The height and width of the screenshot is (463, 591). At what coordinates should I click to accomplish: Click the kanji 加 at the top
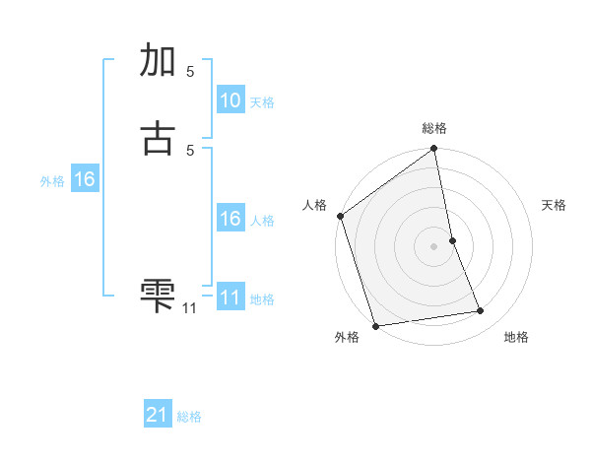pyautogui.click(x=158, y=61)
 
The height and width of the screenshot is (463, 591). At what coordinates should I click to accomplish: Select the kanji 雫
pyautogui.click(x=158, y=294)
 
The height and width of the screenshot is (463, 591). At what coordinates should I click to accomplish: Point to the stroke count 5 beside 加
pyautogui.click(x=190, y=71)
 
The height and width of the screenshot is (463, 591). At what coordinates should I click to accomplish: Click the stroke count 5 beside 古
pyautogui.click(x=190, y=150)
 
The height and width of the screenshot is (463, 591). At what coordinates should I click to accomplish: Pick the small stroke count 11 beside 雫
pyautogui.click(x=189, y=308)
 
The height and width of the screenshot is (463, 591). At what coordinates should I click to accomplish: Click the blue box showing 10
pyautogui.click(x=230, y=100)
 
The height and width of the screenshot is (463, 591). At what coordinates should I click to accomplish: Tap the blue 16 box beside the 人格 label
pyautogui.click(x=230, y=219)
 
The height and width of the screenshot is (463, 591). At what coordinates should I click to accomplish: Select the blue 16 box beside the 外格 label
pyautogui.click(x=84, y=179)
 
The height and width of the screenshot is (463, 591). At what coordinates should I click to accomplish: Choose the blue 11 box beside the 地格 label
pyautogui.click(x=230, y=298)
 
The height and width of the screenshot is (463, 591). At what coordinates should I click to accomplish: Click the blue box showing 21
pyautogui.click(x=158, y=416)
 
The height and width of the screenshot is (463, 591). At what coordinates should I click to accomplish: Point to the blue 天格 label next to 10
pyautogui.click(x=262, y=102)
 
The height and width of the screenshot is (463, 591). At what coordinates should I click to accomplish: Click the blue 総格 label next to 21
pyautogui.click(x=189, y=417)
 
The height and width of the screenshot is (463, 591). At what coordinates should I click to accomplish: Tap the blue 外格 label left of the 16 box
pyautogui.click(x=52, y=181)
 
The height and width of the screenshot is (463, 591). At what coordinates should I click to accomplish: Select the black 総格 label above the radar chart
pyautogui.click(x=434, y=128)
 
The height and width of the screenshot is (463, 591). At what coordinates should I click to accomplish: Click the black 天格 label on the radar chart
pyautogui.click(x=554, y=205)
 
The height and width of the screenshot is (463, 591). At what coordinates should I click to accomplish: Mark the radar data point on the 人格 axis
pyautogui.click(x=340, y=216)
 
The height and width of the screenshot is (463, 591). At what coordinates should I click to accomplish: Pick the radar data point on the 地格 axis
pyautogui.click(x=481, y=311)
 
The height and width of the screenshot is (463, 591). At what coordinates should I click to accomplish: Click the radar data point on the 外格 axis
pyautogui.click(x=375, y=325)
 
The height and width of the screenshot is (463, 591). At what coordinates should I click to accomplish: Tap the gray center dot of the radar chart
pyautogui.click(x=433, y=246)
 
